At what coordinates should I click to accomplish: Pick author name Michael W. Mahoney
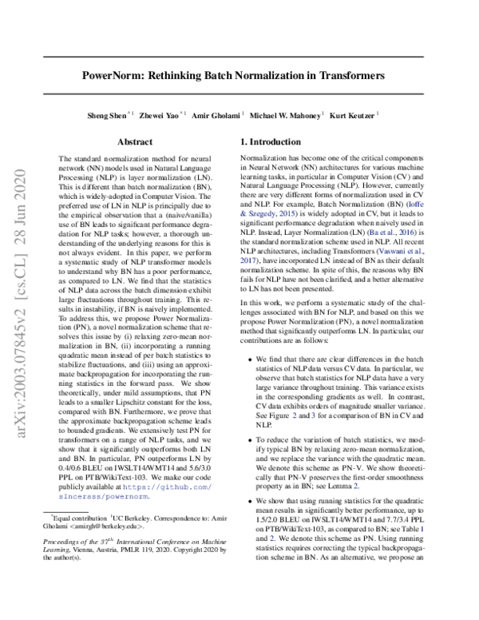click(x=286, y=116)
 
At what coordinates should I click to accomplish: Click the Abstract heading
click(x=135, y=142)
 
